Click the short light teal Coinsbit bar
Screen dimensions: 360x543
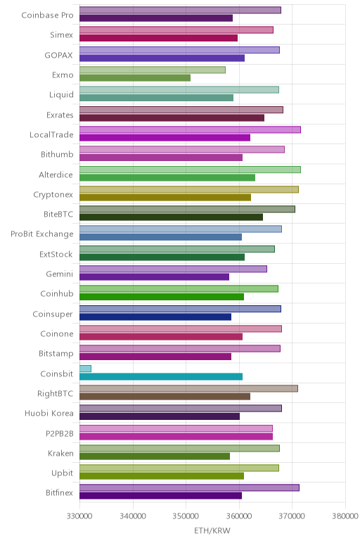pyautogui.click(x=86, y=369)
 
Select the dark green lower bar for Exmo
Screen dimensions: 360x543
pyautogui.click(x=135, y=78)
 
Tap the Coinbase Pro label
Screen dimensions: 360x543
pyautogui.click(x=47, y=15)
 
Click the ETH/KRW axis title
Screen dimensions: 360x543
pyautogui.click(x=212, y=530)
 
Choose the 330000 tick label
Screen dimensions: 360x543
pyautogui.click(x=79, y=516)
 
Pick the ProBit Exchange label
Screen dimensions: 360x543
pyautogui.click(x=42, y=234)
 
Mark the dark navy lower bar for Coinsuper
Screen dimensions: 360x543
pyautogui.click(x=155, y=317)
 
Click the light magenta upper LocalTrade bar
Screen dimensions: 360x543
pyautogui.click(x=190, y=129)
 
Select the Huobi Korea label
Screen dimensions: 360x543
pyautogui.click(x=49, y=413)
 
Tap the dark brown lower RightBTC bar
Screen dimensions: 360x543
pyautogui.click(x=165, y=397)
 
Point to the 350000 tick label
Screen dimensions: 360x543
pyautogui.click(x=186, y=516)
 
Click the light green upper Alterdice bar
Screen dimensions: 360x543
pyautogui.click(x=190, y=170)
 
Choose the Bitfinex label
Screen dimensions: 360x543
pyautogui.click(x=60, y=492)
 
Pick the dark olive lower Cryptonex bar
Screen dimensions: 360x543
pyautogui.click(x=165, y=198)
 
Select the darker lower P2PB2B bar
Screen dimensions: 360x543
pyautogui.click(x=176, y=436)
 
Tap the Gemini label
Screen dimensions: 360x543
pyautogui.click(x=60, y=274)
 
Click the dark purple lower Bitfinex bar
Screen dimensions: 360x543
pyautogui.click(x=160, y=496)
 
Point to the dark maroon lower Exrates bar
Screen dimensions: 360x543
pyautogui.click(x=172, y=117)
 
